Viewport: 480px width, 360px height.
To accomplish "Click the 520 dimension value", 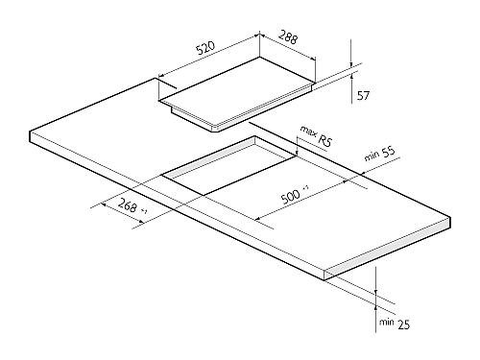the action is (x=204, y=48).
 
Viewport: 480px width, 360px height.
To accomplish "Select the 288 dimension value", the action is (x=288, y=36).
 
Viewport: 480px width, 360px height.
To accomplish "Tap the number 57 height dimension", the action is (x=363, y=95).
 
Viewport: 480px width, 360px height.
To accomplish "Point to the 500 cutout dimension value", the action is (x=291, y=197).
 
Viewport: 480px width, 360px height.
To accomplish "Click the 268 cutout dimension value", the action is (x=128, y=205).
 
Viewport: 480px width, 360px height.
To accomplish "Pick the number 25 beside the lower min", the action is (x=403, y=325).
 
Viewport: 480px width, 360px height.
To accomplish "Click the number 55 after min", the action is (x=389, y=153).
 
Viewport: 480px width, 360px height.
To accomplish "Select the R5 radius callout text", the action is (x=325, y=140).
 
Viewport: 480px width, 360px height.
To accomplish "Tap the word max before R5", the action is (x=308, y=132).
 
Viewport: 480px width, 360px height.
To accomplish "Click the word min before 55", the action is (x=372, y=156).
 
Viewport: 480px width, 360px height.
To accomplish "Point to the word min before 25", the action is (x=387, y=322).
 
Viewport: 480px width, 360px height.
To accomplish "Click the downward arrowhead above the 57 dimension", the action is (x=351, y=64).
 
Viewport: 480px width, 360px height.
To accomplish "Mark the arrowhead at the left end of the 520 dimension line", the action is (x=161, y=76).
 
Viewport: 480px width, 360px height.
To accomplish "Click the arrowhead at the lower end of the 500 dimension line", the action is (x=258, y=219).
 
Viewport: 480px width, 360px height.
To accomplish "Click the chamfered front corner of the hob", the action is (x=215, y=129).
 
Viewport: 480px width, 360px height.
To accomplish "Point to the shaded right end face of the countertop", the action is (x=388, y=249).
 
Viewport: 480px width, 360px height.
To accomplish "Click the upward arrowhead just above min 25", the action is (x=375, y=308).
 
